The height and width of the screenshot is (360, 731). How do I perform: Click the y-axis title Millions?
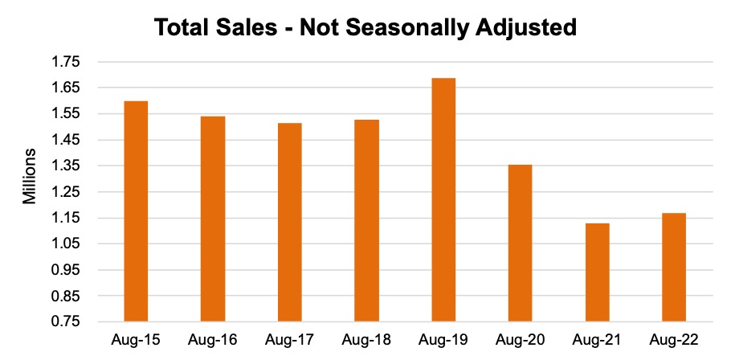click(30, 176)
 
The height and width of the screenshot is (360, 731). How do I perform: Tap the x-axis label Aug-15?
click(136, 340)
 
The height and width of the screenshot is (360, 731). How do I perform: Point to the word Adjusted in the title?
click(529, 28)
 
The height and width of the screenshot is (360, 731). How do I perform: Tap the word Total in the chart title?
click(182, 28)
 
